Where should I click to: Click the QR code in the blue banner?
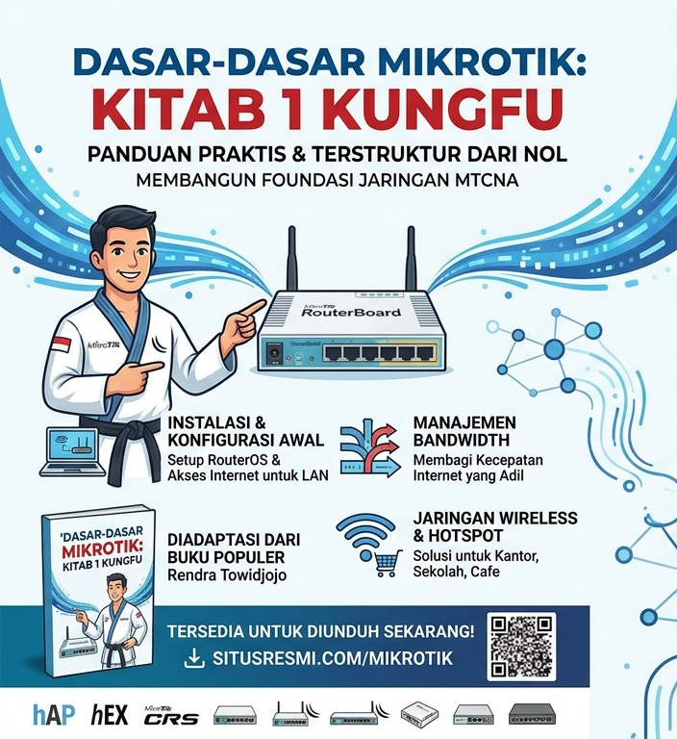coord(522,647)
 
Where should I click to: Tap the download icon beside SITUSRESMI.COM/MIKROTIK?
coord(194,659)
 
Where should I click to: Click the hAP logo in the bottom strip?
coord(53,715)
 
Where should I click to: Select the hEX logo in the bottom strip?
coord(110,715)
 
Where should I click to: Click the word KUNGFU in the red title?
coord(448,110)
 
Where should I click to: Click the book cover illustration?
coord(98,587)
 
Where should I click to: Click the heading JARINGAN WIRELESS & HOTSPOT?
coord(494,526)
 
